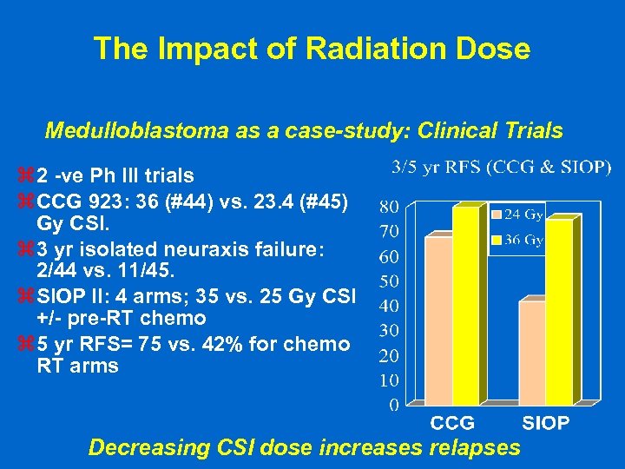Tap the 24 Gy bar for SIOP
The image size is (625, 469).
(531, 352)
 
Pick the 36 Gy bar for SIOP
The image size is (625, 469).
(559, 311)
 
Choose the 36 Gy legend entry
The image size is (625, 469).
(519, 239)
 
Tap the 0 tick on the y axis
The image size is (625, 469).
(393, 404)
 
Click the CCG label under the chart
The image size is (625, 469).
(453, 424)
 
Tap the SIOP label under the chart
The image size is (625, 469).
(546, 424)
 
